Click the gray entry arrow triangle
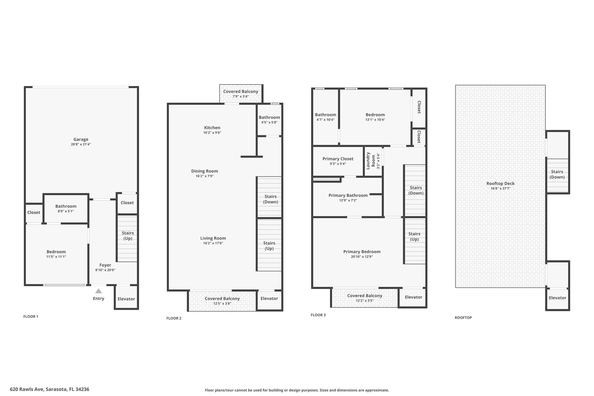(x=99, y=291)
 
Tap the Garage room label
(x=81, y=139)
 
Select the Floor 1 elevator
(x=126, y=298)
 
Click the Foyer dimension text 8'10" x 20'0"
(x=105, y=270)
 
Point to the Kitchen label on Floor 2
(x=212, y=128)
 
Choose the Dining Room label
(x=204, y=171)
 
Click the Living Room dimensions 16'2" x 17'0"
(x=213, y=243)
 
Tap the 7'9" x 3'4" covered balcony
(x=241, y=94)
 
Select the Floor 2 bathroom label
(x=269, y=117)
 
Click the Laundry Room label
(x=371, y=161)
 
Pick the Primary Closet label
(x=338, y=159)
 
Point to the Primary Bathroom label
(x=348, y=196)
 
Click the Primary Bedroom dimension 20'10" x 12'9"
(x=362, y=257)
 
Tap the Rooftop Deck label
(x=501, y=183)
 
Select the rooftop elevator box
(x=557, y=299)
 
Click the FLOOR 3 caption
(x=318, y=315)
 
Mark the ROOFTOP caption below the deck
(x=463, y=318)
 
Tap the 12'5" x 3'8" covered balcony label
(x=222, y=299)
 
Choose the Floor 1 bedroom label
(x=56, y=252)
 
